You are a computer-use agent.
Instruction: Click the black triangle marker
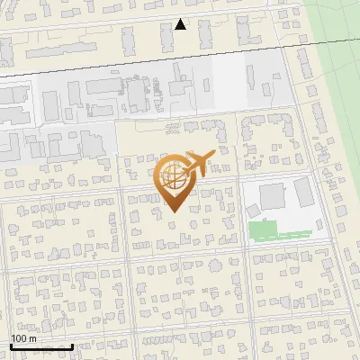coord(181,24)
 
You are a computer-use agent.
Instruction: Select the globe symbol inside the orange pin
coord(173,177)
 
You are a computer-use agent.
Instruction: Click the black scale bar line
coord(41,346)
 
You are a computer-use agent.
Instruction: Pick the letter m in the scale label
coord(33,338)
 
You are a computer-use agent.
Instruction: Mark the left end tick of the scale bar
coord(11,345)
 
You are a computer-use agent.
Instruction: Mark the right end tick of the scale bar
coord(72,345)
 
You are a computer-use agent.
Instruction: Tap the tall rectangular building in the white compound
coord(302,190)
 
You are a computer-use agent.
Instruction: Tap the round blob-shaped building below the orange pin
coord(185,238)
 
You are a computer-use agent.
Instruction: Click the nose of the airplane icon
coord(214,154)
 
